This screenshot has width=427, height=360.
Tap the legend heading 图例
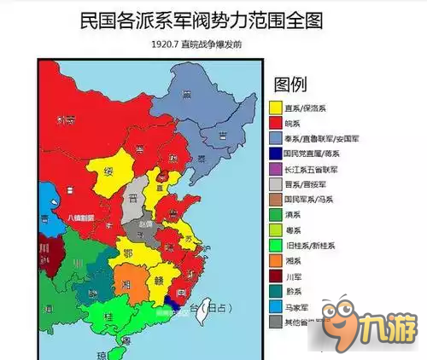point(291,84)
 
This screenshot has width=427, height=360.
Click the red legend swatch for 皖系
point(276,124)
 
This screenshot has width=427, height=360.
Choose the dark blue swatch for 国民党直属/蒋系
point(276,154)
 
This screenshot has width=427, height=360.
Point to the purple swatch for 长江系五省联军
point(276,170)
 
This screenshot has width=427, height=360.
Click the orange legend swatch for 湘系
point(276,262)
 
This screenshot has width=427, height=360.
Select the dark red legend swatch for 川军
point(276,277)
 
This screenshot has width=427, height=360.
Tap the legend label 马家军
point(302,307)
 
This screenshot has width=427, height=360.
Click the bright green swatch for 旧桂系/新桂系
point(276,247)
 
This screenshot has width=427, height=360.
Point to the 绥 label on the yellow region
point(109,170)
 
